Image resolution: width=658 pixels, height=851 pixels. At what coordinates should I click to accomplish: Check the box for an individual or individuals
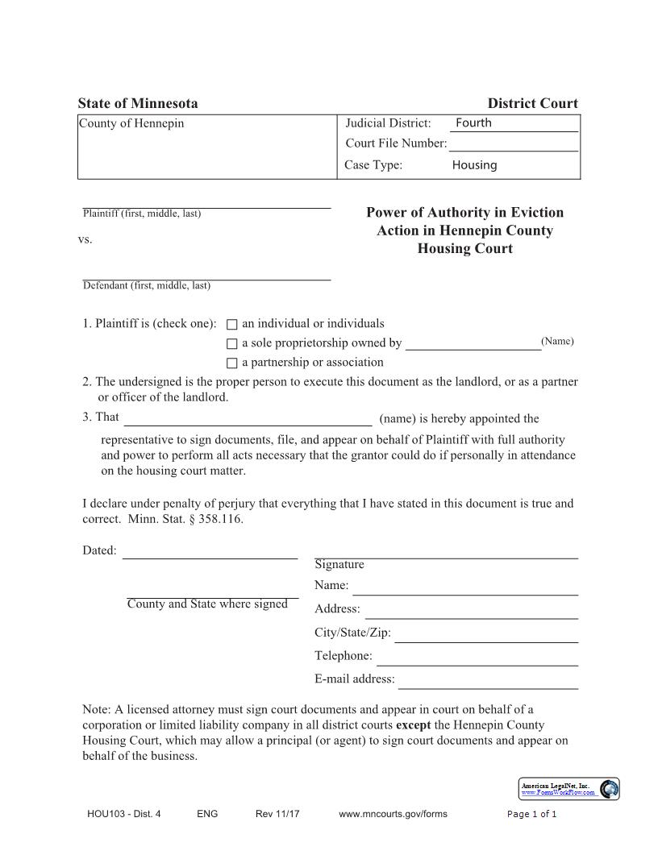232,325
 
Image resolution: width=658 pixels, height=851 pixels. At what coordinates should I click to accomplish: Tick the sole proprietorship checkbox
232,344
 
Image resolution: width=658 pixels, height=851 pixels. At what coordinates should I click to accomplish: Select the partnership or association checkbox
232,363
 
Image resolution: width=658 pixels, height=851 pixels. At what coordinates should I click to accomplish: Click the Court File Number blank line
513,145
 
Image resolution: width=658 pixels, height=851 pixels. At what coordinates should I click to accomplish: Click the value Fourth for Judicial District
473,123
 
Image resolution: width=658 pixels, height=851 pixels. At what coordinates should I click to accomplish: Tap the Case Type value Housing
474,165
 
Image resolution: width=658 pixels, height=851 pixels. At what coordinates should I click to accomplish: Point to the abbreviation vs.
85,240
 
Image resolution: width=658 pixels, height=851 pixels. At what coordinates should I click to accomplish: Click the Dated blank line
210,553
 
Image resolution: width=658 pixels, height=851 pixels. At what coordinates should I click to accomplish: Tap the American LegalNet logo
610,788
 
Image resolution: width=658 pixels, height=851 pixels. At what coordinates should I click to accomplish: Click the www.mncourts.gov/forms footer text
393,814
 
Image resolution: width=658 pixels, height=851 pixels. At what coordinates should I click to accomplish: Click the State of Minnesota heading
138,103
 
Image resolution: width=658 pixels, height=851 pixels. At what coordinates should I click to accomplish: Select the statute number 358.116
220,519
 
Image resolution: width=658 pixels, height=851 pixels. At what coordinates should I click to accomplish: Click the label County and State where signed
207,604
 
